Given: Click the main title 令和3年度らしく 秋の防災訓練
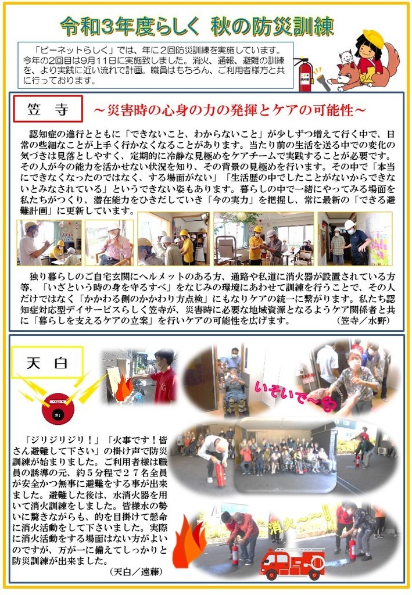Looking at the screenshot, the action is click(x=197, y=27).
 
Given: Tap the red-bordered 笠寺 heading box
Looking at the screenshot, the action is click(x=48, y=109).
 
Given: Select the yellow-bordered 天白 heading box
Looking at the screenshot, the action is click(x=48, y=363).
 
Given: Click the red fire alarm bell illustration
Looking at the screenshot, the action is click(x=58, y=408).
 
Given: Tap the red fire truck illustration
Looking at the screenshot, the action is click(x=292, y=564).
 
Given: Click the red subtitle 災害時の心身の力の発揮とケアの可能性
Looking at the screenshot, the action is click(x=230, y=110).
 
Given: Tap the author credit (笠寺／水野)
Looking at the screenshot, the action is click(x=363, y=320).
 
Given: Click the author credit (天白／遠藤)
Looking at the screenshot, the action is click(x=136, y=571).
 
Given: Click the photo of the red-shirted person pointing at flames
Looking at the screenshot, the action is click(x=139, y=377).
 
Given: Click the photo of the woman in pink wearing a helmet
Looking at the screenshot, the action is click(x=109, y=243).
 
